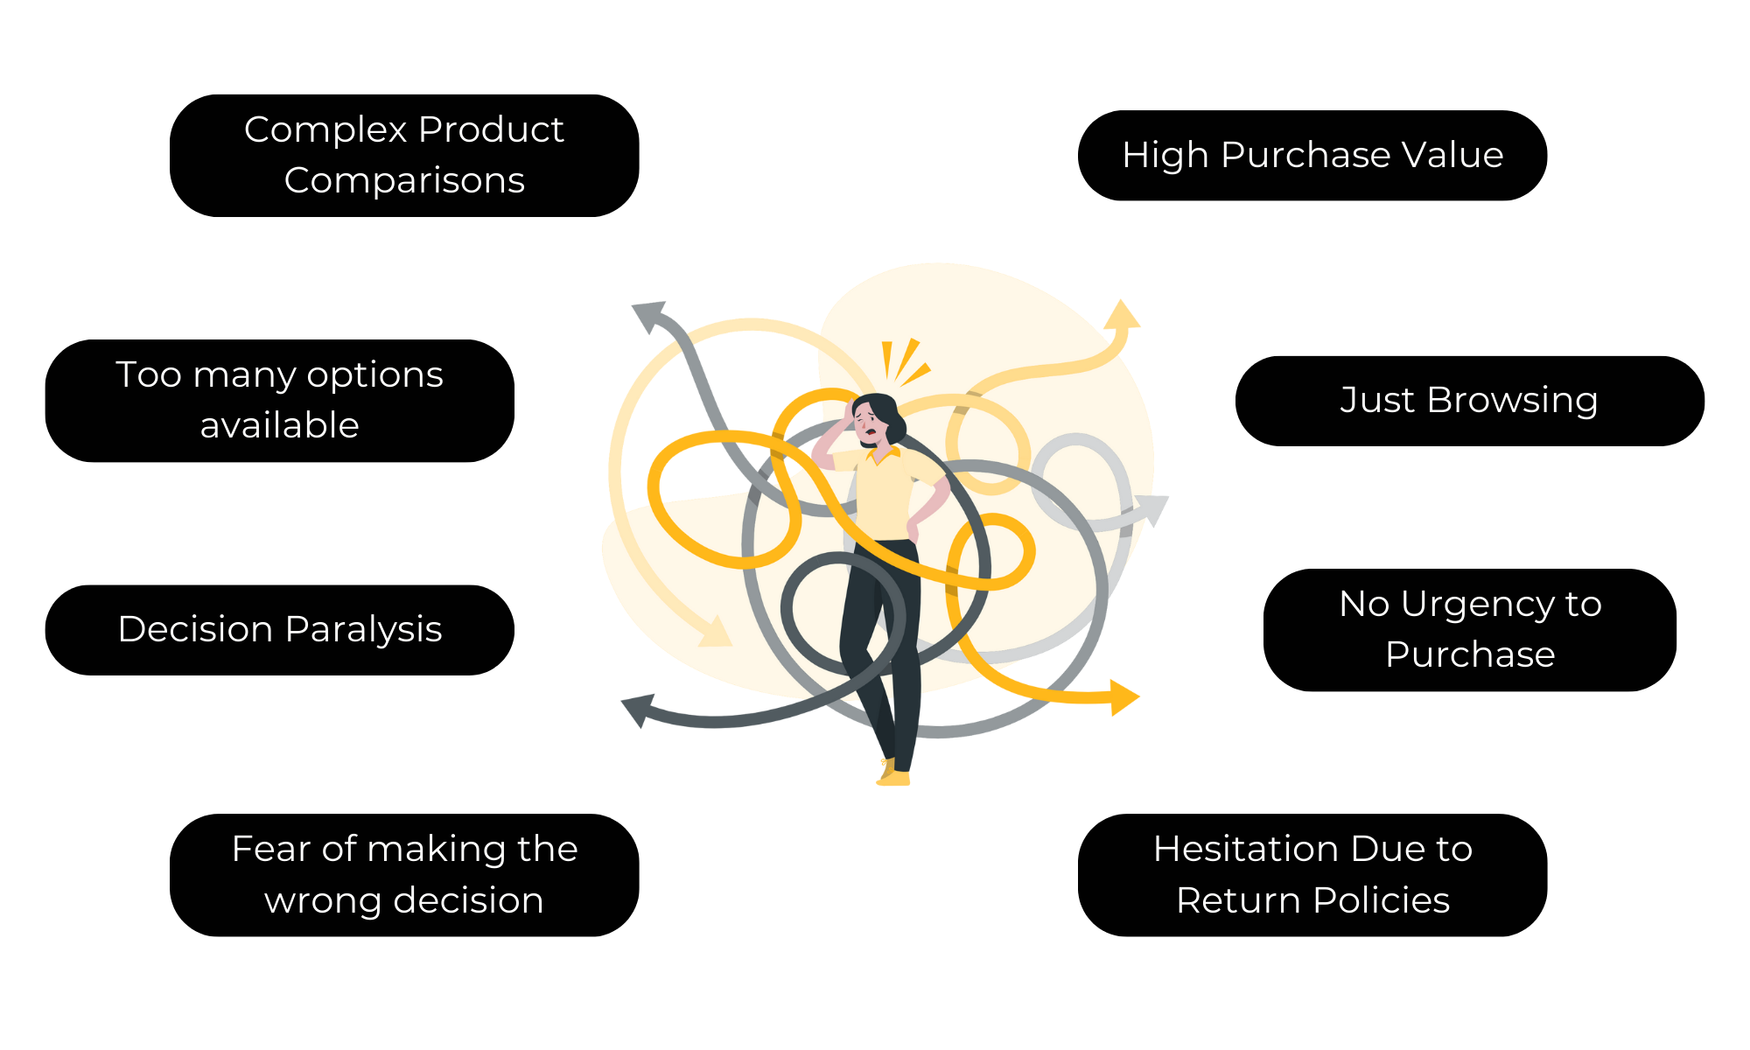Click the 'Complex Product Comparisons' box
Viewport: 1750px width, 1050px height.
click(x=404, y=156)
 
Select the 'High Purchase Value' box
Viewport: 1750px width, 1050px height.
click(x=1312, y=156)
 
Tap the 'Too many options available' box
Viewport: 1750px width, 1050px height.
click(x=280, y=401)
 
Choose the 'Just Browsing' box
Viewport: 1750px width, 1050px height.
click(x=1470, y=401)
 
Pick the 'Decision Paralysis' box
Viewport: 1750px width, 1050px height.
click(x=280, y=630)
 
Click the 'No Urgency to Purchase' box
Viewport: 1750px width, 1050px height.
click(x=1470, y=630)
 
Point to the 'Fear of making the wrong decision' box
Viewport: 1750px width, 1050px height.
click(x=404, y=875)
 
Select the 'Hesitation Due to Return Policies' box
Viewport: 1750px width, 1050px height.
click(x=1312, y=875)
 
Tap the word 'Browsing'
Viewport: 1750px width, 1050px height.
click(x=1512, y=401)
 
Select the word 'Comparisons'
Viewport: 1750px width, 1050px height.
click(x=404, y=181)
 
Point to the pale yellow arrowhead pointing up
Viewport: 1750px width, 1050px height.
click(x=1122, y=314)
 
